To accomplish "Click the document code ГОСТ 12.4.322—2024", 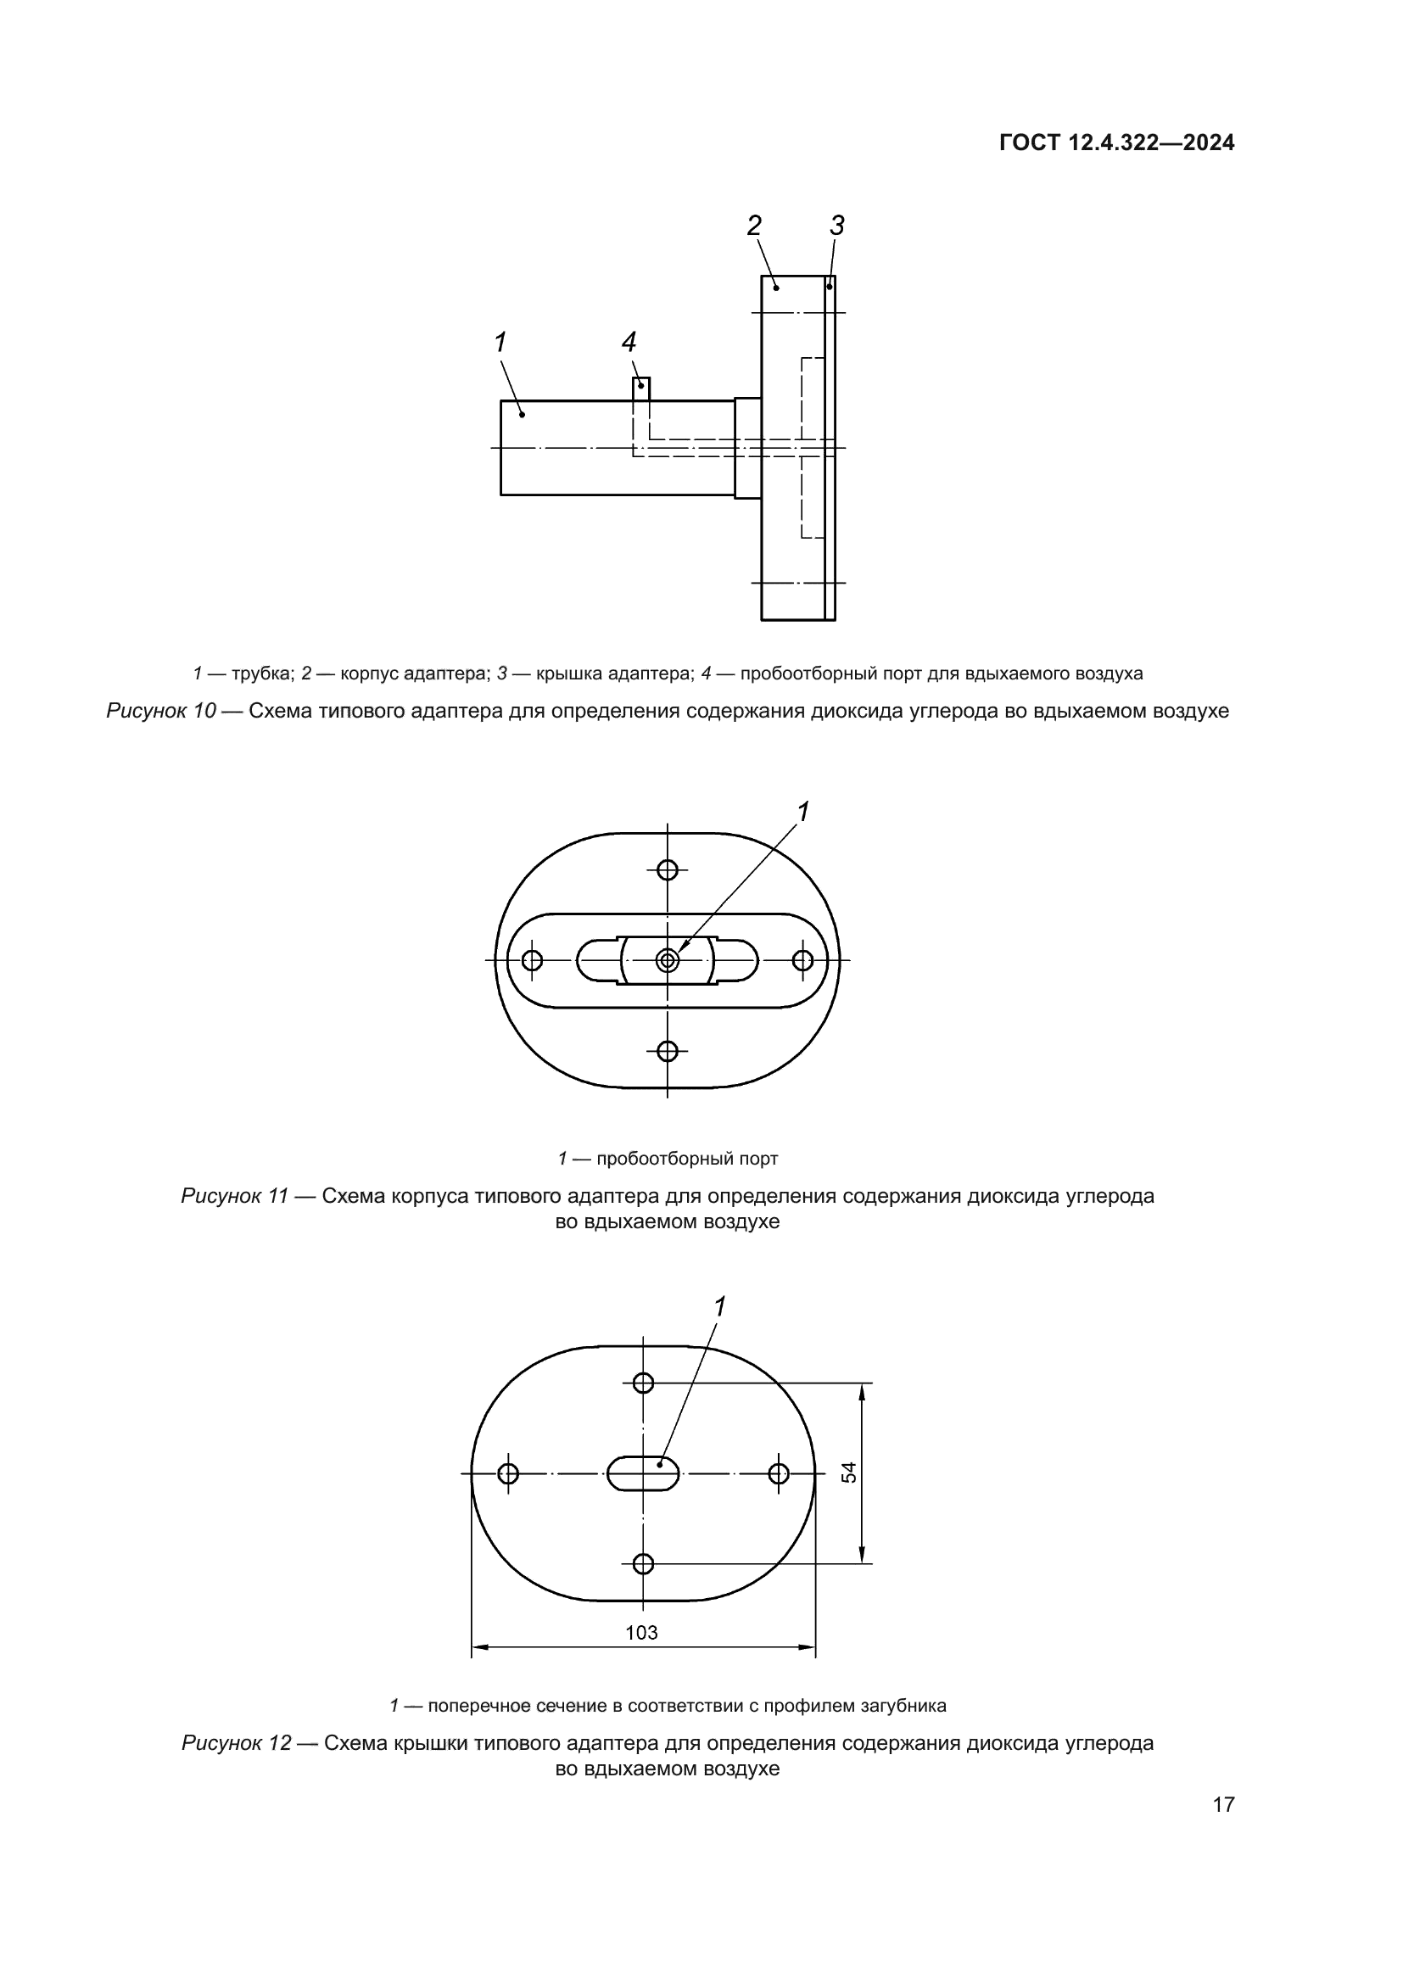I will tap(1116, 143).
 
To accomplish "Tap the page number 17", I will tap(1223, 1804).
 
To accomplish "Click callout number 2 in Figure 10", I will tap(754, 226).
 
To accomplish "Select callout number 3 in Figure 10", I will tap(836, 226).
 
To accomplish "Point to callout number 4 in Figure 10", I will tap(629, 343).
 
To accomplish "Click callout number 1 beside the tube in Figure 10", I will tap(500, 343).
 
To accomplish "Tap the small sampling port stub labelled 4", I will tap(641, 388).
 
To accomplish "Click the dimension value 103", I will tap(641, 1632).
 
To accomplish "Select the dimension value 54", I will tap(850, 1473).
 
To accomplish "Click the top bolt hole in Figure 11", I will tap(667, 869).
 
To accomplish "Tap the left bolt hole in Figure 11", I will tap(532, 960).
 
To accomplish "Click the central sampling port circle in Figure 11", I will tap(667, 960).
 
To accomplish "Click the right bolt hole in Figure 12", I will tap(779, 1473).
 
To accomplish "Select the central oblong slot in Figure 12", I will tap(644, 1473).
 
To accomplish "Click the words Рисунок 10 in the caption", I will tap(160, 711).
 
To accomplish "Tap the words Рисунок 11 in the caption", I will tap(234, 1196).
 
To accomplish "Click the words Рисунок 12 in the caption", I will tap(235, 1742).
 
